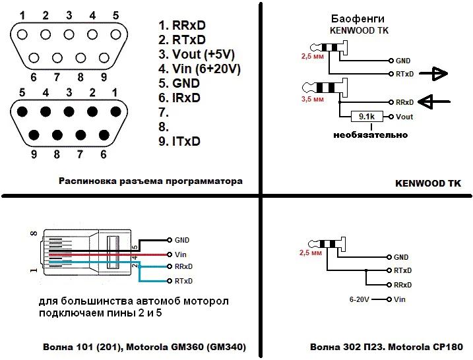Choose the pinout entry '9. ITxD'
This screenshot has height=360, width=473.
pos(179,141)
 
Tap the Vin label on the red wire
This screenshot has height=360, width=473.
pos(182,254)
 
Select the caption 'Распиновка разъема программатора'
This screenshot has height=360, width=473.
pos(150,181)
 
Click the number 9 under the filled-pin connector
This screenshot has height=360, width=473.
pos(34,155)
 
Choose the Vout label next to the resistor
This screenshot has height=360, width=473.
pos(405,117)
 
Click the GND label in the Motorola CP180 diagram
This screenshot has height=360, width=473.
pos(401,257)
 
